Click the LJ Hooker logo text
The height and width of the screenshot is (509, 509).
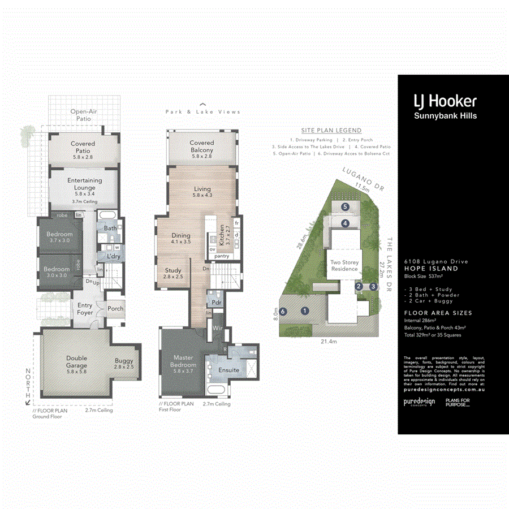point(445,102)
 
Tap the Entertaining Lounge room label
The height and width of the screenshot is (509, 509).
point(85,184)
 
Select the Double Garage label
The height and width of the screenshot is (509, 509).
point(76,361)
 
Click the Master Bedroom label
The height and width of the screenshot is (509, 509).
point(183,361)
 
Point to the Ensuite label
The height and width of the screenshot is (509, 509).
point(229,370)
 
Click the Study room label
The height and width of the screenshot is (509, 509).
point(173,274)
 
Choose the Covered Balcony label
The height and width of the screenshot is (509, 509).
point(202,147)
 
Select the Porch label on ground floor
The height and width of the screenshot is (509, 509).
point(115,309)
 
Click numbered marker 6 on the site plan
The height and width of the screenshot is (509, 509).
point(283,310)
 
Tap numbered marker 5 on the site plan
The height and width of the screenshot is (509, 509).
point(345,207)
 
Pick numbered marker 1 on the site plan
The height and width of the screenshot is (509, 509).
point(305,310)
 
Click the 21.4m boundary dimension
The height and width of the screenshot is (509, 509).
point(329,342)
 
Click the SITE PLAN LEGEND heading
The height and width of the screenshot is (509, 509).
point(331,131)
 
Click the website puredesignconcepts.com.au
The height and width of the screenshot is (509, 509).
point(444,390)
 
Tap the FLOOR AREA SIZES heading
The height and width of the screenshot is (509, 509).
point(438,313)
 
